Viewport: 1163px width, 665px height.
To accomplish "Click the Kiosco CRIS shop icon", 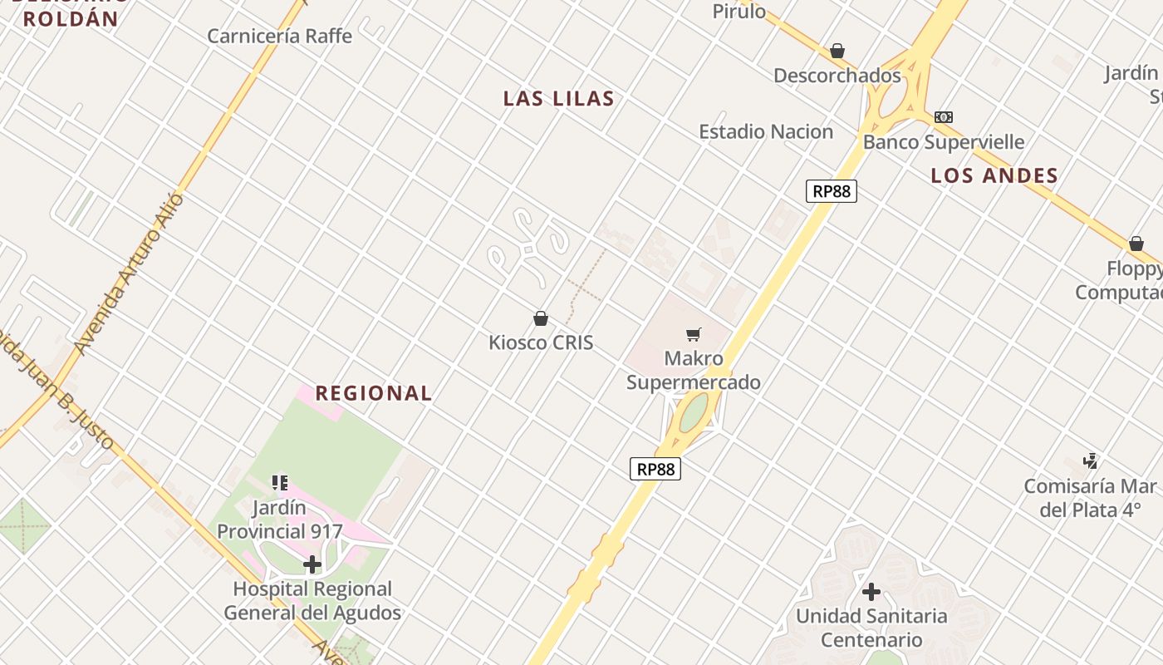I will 541,318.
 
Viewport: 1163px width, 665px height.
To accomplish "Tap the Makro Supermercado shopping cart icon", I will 694,335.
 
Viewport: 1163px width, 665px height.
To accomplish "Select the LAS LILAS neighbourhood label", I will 559,99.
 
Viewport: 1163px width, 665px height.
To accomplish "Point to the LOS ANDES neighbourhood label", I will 994,175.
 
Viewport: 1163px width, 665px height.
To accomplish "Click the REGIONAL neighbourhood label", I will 374,393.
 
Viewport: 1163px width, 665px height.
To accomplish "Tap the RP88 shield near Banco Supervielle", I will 831,191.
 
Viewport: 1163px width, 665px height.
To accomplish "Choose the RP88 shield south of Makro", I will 655,469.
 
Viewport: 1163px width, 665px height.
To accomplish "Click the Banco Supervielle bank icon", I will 944,117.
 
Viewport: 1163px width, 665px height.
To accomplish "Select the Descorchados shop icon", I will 837,52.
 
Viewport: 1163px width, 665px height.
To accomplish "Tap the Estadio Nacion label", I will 766,131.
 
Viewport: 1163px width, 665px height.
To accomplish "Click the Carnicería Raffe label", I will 279,36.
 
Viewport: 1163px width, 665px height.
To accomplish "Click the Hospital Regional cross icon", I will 312,565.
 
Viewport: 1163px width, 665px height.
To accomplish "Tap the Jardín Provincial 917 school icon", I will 280,483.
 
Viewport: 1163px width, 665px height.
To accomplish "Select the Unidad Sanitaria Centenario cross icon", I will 871,592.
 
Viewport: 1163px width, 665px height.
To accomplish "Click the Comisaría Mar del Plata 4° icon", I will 1091,461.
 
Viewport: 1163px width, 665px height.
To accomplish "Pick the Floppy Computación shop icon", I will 1136,244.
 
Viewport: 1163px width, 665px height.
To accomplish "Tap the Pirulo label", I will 739,11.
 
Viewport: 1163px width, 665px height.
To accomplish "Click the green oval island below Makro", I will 694,412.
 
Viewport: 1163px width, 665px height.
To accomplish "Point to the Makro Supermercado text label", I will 694,371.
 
